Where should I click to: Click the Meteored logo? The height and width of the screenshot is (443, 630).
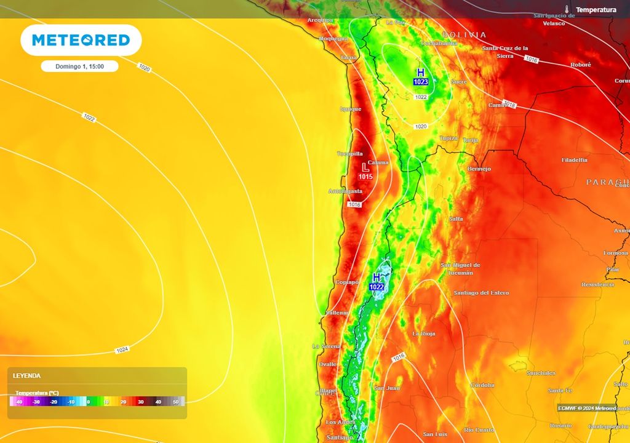click(x=81, y=41)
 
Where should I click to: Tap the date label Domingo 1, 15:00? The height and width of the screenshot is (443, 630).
click(x=79, y=66)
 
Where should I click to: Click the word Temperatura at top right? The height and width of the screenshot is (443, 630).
click(x=596, y=10)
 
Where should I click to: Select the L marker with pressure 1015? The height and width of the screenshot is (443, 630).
click(x=365, y=167)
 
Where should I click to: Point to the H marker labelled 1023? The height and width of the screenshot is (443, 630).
click(x=421, y=73)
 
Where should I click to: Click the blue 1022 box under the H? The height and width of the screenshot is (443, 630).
click(x=377, y=287)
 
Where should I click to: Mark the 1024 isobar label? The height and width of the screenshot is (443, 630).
click(x=122, y=350)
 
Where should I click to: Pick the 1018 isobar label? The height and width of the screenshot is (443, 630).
click(x=509, y=104)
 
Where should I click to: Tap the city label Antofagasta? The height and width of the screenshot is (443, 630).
click(x=345, y=191)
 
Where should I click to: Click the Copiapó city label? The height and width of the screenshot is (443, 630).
click(x=347, y=282)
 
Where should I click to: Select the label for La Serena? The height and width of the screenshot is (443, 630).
click(x=326, y=346)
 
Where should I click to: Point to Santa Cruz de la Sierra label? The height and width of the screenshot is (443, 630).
click(x=505, y=52)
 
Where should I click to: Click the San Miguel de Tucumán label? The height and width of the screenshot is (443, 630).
click(x=460, y=268)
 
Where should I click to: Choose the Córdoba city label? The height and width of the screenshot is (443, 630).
click(x=482, y=385)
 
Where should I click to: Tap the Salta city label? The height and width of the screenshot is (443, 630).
click(x=456, y=219)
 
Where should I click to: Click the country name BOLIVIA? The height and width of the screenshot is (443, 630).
click(x=464, y=35)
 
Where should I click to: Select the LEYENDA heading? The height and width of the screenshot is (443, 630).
click(x=26, y=375)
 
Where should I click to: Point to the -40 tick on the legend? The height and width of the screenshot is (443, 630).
click(x=19, y=402)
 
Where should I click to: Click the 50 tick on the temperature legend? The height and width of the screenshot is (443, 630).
click(x=175, y=402)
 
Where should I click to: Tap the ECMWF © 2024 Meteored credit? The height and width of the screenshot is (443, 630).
click(x=587, y=408)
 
